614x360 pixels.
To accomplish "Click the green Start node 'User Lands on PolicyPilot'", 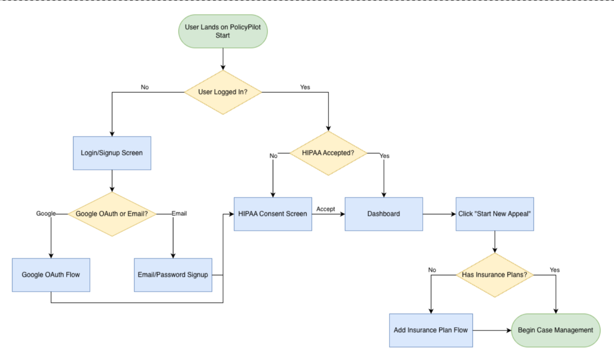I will click(223, 31).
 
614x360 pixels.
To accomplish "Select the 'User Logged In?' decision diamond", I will click(223, 92).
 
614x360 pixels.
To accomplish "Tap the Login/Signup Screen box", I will click(112, 153).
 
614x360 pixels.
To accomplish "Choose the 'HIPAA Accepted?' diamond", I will click(328, 153).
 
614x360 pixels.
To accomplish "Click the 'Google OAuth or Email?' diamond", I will click(112, 214).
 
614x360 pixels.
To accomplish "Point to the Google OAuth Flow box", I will click(51, 275).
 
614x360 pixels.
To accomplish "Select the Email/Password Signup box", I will click(173, 275).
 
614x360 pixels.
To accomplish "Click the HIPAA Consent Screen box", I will click(273, 214).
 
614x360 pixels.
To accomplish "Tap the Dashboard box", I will click(384, 214).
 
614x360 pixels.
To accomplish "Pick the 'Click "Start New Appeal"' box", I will click(494, 214).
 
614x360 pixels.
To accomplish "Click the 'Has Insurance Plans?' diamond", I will click(494, 275).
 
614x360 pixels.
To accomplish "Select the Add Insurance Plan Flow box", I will click(431, 330).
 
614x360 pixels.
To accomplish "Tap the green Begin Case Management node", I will click(555, 330).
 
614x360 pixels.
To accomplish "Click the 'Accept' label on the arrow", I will click(326, 209).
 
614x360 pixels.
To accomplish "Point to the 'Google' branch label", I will click(46, 214).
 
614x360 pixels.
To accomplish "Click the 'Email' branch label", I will click(179, 214).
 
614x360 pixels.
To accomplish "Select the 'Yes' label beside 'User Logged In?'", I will click(305, 87).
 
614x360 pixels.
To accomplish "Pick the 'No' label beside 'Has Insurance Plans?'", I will click(432, 270).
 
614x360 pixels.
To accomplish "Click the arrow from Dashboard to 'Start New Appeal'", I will click(439, 214).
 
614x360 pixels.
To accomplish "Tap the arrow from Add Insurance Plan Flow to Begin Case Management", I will click(492, 330).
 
